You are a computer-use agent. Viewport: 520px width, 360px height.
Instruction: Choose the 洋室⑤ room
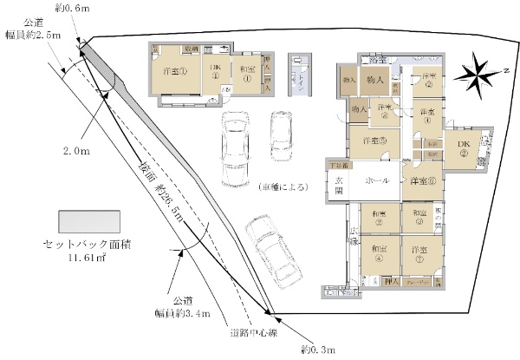pyautogui.click(x=374, y=141)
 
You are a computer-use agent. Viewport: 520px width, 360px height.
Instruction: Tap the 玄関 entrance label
pyautogui.click(x=339, y=185)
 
